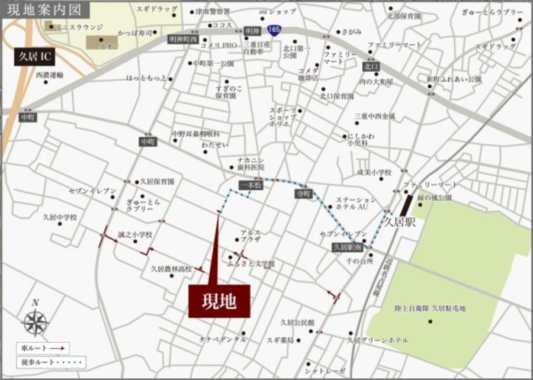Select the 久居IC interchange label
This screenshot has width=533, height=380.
pos(34,57)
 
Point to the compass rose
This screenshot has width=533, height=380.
pos(35,322)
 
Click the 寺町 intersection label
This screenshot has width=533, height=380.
pos(304,194)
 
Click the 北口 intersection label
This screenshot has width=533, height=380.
pos(371,66)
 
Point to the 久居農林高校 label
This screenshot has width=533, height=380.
pos(171,269)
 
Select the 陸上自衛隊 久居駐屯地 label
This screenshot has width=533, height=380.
pos(430,308)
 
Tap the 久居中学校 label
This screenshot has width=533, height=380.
pos(60,217)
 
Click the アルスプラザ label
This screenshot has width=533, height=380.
pos(251,237)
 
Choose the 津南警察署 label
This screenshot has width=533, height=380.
pos(213,11)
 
